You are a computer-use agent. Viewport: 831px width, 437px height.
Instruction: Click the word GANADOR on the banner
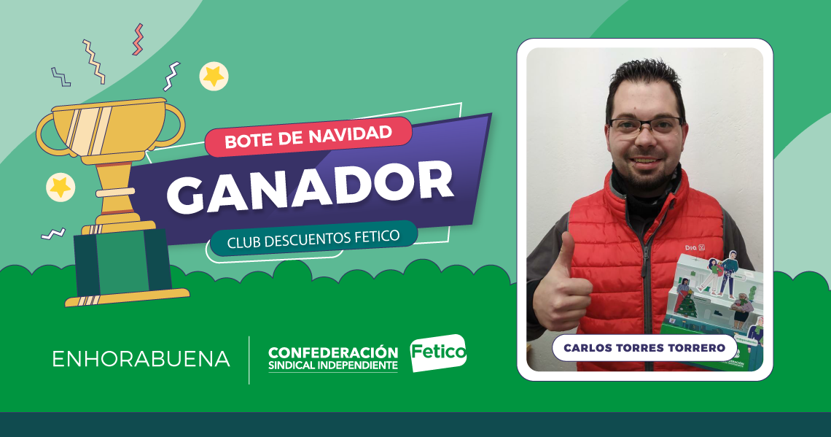click(x=311, y=187)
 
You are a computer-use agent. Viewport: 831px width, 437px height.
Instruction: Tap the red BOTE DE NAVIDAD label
click(x=308, y=137)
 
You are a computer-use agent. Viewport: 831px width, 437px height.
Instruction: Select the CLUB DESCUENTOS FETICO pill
click(x=313, y=238)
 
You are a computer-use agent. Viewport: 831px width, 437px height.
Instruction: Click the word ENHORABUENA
click(x=141, y=359)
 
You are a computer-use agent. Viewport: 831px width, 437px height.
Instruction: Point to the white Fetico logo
click(x=438, y=352)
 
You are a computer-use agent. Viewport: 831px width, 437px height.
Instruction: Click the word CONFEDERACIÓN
click(x=333, y=352)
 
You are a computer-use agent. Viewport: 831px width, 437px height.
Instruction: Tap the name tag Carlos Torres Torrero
click(x=644, y=348)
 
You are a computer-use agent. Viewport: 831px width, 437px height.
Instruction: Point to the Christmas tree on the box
click(x=688, y=306)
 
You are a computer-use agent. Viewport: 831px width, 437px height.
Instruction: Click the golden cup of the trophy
click(x=112, y=129)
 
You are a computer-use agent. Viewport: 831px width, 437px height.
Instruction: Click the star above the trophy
click(x=214, y=76)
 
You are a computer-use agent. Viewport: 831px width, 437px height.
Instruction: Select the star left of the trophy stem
click(x=61, y=187)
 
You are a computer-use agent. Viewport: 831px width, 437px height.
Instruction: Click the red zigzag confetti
click(x=138, y=39)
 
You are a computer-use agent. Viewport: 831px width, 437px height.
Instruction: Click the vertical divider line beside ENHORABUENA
click(x=249, y=360)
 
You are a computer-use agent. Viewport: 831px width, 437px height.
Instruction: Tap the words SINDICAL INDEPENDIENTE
click(x=333, y=366)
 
